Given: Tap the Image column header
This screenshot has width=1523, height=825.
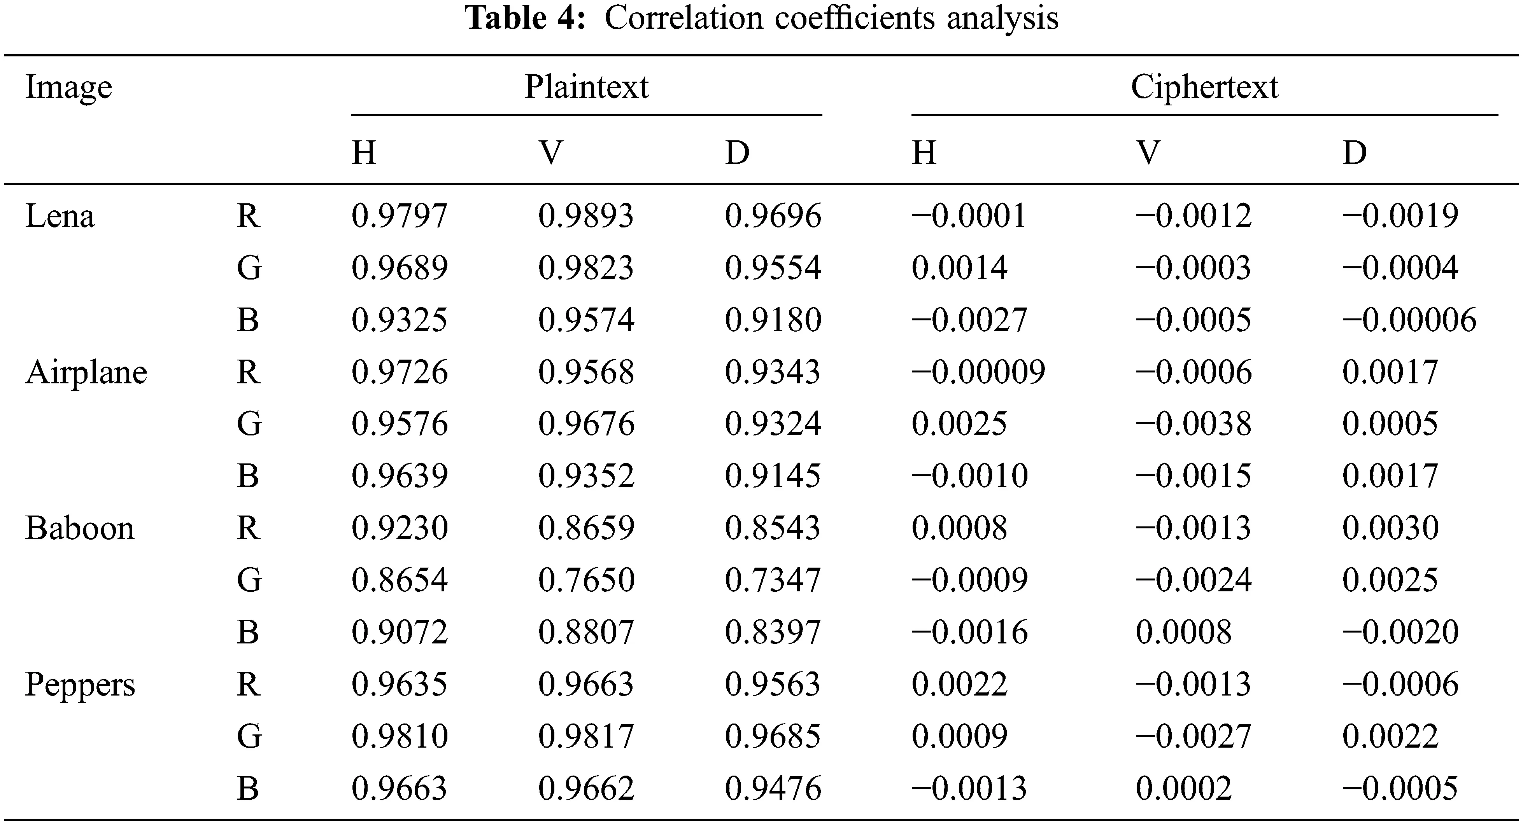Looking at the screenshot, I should (x=68, y=87).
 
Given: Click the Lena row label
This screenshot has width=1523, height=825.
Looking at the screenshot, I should (x=60, y=216).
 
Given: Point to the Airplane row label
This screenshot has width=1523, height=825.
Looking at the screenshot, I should (x=86, y=373).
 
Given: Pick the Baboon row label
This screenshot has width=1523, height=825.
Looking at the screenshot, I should (x=80, y=528).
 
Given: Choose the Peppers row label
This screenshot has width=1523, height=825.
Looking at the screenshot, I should (x=81, y=685).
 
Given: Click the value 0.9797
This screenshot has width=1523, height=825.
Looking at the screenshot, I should (x=400, y=216).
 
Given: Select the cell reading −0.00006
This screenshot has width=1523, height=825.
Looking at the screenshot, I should (x=1409, y=320).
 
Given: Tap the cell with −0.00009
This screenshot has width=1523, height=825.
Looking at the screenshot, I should (x=978, y=372).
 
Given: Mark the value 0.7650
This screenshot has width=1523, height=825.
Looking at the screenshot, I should (x=586, y=580).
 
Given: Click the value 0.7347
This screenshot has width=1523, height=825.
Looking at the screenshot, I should (x=773, y=580).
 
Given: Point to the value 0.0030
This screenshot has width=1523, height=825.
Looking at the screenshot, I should (x=1390, y=528).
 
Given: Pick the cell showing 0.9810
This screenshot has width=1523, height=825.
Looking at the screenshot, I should (x=400, y=737).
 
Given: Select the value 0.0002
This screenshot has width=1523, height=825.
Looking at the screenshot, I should (x=1184, y=789).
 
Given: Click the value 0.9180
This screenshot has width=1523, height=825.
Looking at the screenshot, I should (x=773, y=320).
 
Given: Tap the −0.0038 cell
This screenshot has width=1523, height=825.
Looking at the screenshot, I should (x=1193, y=424).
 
